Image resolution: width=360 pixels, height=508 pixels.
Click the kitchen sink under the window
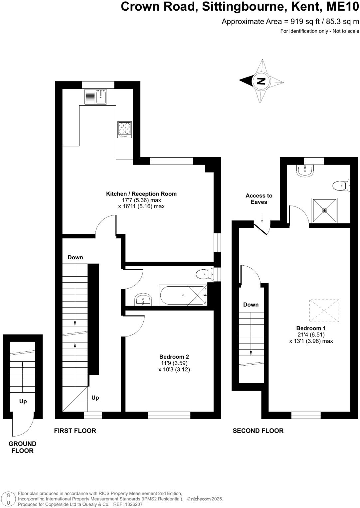(x=95, y=97)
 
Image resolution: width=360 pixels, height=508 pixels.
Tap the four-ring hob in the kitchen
(x=124, y=130)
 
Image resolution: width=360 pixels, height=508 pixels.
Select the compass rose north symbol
(x=261, y=81)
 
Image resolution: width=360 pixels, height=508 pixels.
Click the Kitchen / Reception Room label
(x=141, y=194)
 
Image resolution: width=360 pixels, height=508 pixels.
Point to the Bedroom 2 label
(x=174, y=357)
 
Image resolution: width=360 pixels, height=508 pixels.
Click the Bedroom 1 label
(x=311, y=328)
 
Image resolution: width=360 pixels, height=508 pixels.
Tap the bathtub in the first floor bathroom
(x=183, y=295)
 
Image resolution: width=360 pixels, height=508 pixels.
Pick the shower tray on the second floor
(x=324, y=210)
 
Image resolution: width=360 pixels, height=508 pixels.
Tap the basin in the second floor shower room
(x=305, y=171)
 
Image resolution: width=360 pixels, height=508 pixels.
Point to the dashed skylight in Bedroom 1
(x=324, y=311)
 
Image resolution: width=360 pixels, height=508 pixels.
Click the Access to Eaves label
(x=259, y=199)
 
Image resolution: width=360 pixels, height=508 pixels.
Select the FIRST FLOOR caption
(x=75, y=431)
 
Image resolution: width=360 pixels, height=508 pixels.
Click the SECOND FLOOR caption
(x=258, y=431)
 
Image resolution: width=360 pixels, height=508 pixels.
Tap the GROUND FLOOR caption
(x=22, y=447)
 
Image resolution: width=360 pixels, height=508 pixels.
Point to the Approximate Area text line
(x=290, y=22)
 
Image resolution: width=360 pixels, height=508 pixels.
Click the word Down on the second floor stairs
(x=251, y=305)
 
